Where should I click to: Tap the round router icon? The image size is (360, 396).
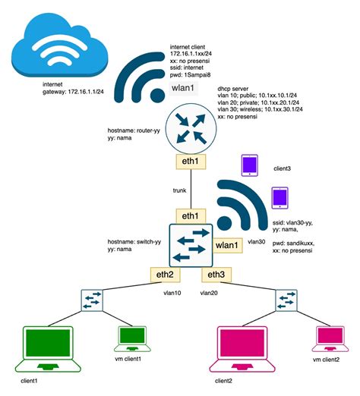pyautogui.click(x=189, y=124)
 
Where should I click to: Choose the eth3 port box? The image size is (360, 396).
pyautogui.click(x=215, y=275)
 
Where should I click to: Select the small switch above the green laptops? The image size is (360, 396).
pyautogui.click(x=92, y=300)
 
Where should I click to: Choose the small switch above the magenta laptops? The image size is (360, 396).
pyautogui.click(x=289, y=300)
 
